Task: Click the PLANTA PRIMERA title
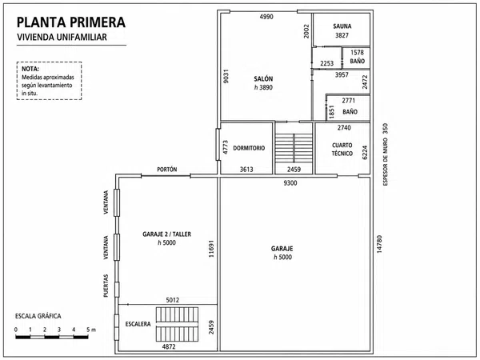[x=71, y=22]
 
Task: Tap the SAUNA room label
[x=342, y=26]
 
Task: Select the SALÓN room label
[x=263, y=79]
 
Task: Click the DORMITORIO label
[x=249, y=148]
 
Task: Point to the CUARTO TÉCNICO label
[x=342, y=150]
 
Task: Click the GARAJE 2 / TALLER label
[x=167, y=234]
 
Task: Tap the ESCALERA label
[x=138, y=324]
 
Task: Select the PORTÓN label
[x=167, y=170]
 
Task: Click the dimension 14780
[x=379, y=244]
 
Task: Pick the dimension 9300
[x=290, y=183]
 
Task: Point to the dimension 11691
[x=211, y=249]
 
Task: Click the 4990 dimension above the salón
[x=266, y=17]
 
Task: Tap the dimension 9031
[x=226, y=77]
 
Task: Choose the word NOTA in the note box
[x=30, y=69]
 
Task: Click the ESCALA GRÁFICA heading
[x=38, y=316]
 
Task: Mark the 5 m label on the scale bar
[x=91, y=330]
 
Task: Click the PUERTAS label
[x=106, y=286]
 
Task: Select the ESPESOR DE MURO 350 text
[x=386, y=154]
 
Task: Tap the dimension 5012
[x=173, y=300]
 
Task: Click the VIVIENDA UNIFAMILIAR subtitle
[x=62, y=37]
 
